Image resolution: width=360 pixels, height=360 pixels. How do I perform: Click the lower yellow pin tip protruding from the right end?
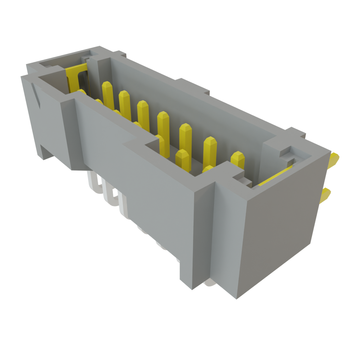coord(326,195)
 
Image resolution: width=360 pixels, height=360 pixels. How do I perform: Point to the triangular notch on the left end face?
coord(36,95)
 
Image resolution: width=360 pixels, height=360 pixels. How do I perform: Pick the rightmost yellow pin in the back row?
coord(238,160)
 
